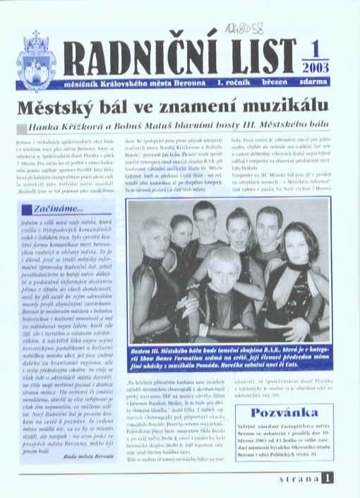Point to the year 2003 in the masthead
(315, 68)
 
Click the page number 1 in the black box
(328, 477)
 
